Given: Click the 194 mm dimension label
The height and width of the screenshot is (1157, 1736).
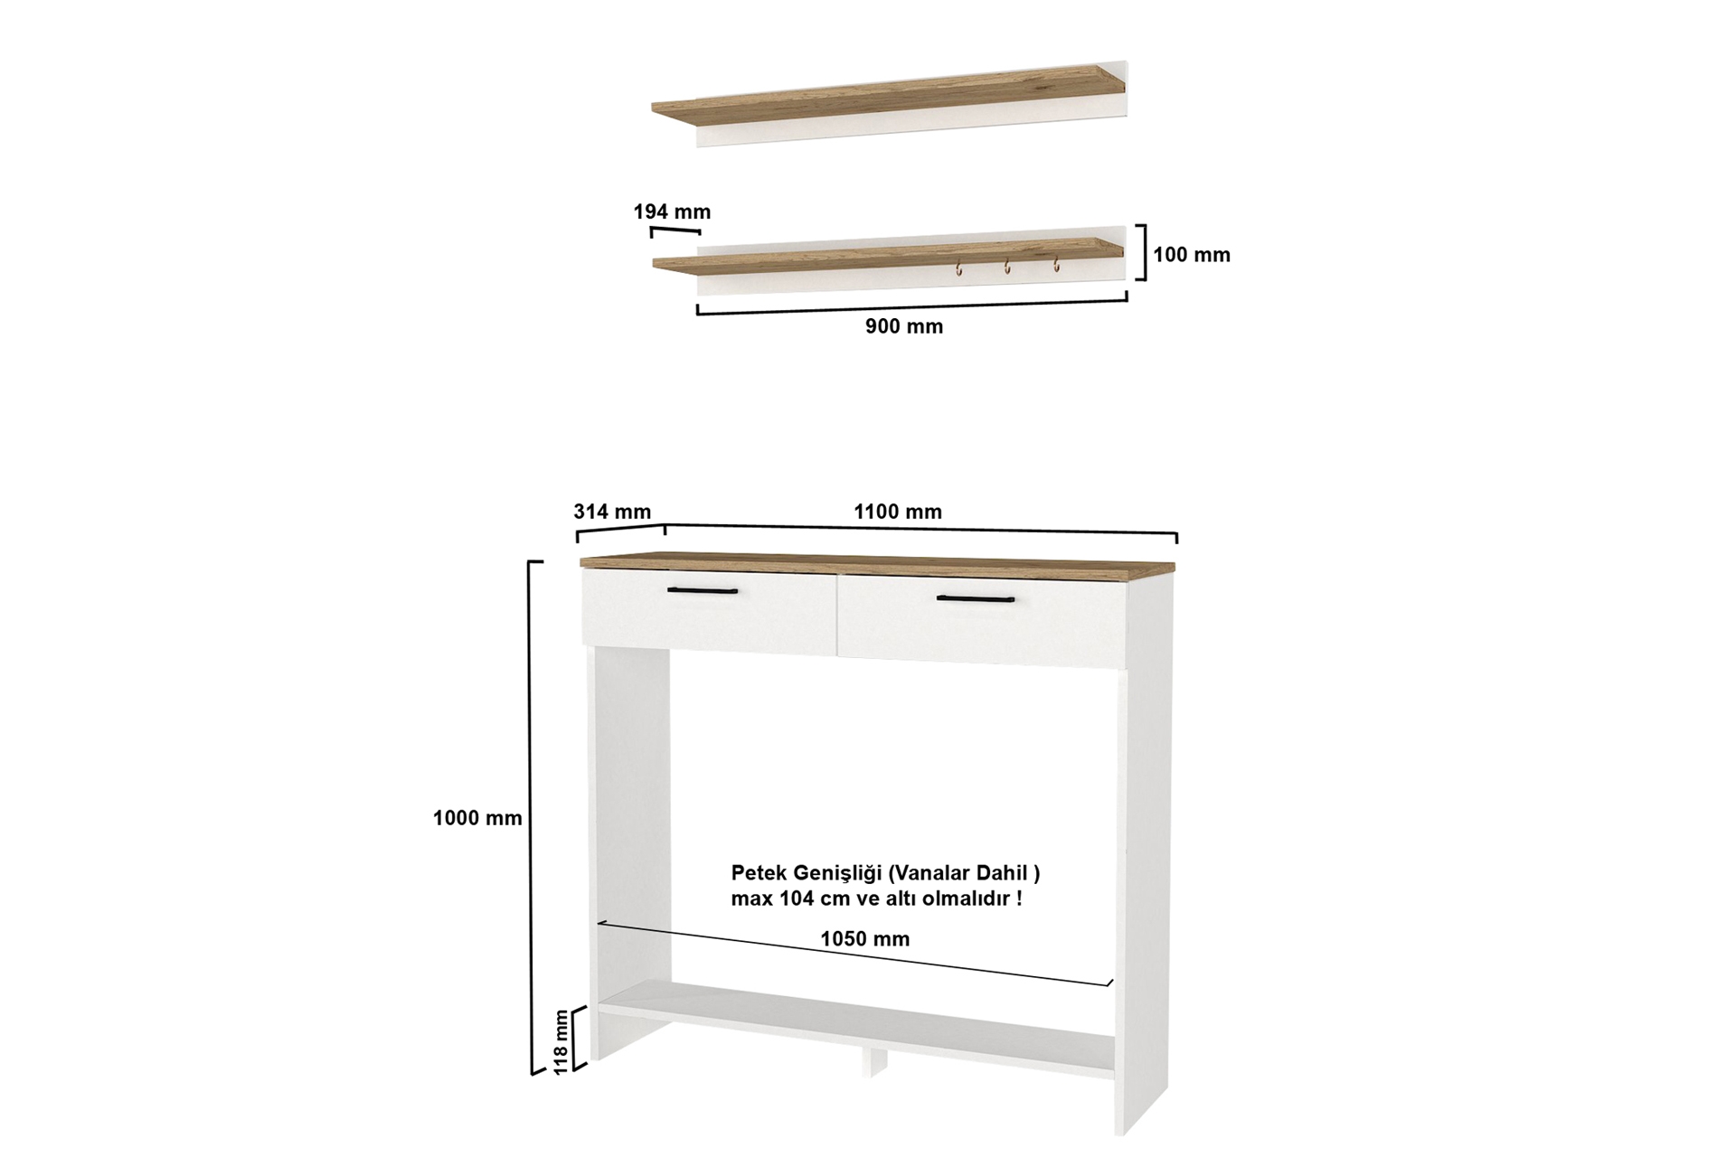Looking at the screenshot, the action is tap(672, 212).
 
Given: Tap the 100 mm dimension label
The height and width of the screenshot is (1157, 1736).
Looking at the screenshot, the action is tap(1192, 255).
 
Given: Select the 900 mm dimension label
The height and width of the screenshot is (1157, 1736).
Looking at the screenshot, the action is tap(904, 326).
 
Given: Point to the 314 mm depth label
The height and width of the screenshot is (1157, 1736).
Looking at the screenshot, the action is tap(612, 512).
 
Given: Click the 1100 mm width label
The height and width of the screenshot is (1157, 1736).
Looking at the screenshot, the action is tap(898, 512).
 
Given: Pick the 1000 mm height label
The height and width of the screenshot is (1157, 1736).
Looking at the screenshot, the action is tap(477, 818).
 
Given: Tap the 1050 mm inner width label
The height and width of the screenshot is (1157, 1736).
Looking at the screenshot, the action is tap(865, 939).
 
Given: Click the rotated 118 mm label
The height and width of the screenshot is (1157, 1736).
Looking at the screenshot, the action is tap(562, 1041).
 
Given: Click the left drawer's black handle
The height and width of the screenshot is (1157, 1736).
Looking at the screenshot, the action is tap(703, 591).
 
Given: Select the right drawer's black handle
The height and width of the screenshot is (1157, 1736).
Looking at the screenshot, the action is tap(976, 598).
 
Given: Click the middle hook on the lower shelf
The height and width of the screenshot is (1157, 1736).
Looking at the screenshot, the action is tap(1005, 267).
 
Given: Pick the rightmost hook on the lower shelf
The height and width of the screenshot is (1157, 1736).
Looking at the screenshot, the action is tap(1054, 265).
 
